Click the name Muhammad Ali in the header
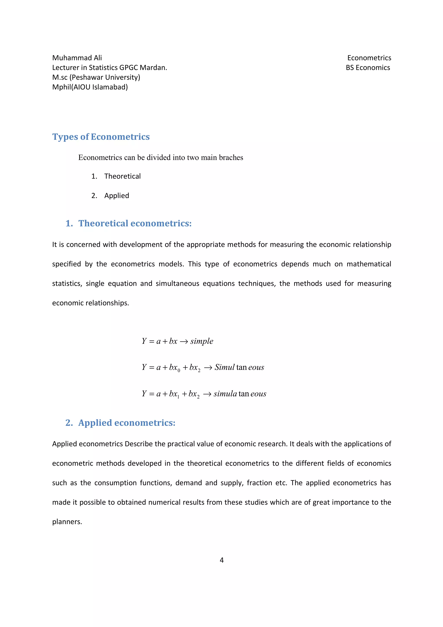pyautogui.click(x=77, y=58)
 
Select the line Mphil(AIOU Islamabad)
pyautogui.click(x=90, y=87)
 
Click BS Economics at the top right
pyautogui.click(x=368, y=68)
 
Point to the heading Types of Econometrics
pyautogui.click(x=101, y=137)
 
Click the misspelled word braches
pyautogui.click(x=231, y=158)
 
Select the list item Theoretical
pyautogui.click(x=122, y=176)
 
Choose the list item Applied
pyautogui.click(x=117, y=196)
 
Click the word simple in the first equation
pyautogui.click(x=202, y=341)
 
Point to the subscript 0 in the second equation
pyautogui.click(x=179, y=371)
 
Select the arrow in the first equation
pyautogui.click(x=184, y=342)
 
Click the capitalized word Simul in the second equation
pyautogui.click(x=224, y=368)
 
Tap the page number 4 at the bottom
pyautogui.click(x=222, y=560)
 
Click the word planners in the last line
pyautogui.click(x=67, y=522)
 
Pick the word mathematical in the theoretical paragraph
pyautogui.click(x=369, y=264)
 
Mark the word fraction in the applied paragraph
pyautogui.click(x=259, y=483)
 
